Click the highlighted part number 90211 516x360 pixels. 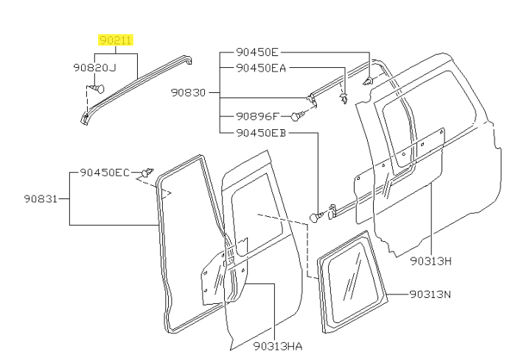pos(116,40)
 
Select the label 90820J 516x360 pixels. pos(94,68)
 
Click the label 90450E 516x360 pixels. pos(258,52)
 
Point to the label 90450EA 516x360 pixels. pos(261,67)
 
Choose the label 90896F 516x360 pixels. pos(258,116)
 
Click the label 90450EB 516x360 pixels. pos(261,133)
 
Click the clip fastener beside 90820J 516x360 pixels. pos(100,89)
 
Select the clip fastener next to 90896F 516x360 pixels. pos(296,116)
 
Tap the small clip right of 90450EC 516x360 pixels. pos(147,173)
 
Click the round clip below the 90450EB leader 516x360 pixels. pos(317,216)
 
